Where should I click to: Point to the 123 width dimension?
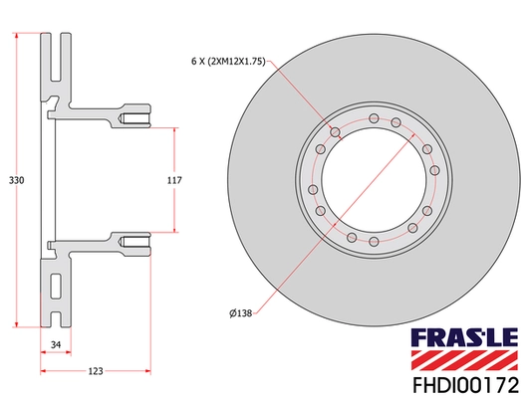click(x=95, y=371)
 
